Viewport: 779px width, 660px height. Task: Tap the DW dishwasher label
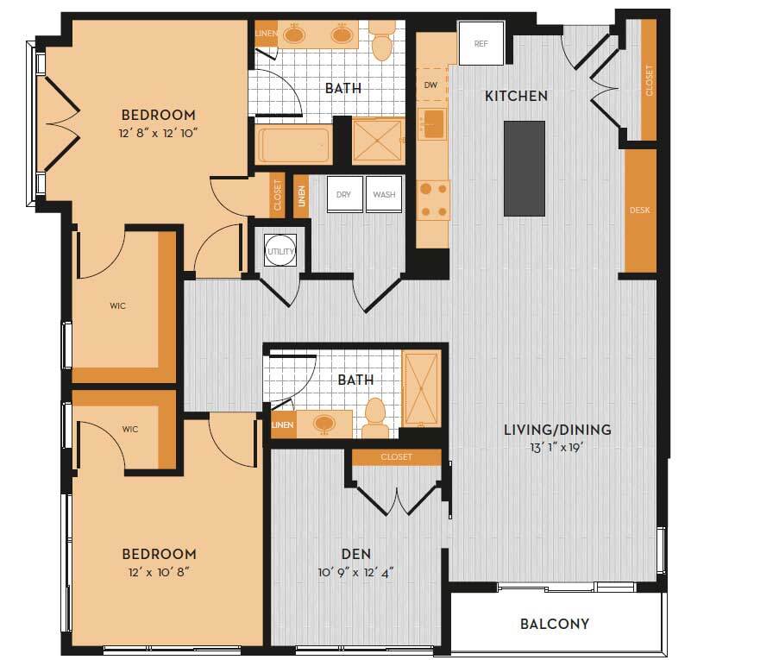[x=431, y=85]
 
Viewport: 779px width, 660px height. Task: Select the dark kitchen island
[x=525, y=168]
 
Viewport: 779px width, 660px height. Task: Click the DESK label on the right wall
[x=639, y=211]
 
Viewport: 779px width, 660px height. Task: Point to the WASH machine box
[x=384, y=195]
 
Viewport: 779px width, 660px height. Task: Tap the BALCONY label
[x=555, y=624]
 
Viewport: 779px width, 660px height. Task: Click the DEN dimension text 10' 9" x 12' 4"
[x=355, y=572]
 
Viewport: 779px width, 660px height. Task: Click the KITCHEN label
[x=516, y=96]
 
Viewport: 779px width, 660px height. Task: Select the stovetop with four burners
[x=433, y=200]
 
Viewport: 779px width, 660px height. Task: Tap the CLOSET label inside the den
[x=396, y=456]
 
